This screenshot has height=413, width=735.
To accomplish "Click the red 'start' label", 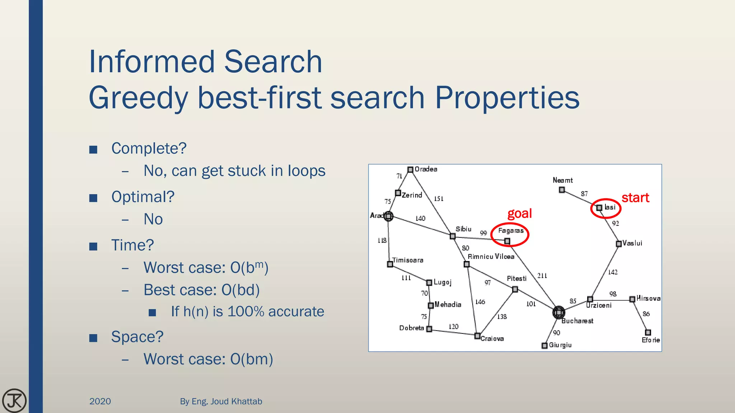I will [635, 198].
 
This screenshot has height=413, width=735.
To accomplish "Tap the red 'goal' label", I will [519, 214].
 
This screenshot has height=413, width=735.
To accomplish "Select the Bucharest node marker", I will [558, 312].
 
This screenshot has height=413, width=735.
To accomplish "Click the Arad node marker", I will [388, 216].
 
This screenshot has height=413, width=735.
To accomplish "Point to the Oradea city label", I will [426, 169].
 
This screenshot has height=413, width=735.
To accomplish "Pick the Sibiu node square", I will [453, 236].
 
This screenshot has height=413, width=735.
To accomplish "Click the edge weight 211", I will [542, 276].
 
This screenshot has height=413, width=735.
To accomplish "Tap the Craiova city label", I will [492, 339].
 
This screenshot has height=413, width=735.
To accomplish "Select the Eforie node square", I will [648, 332].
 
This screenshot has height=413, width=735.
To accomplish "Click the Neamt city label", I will [562, 180].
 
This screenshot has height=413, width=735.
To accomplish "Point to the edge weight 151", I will [439, 199].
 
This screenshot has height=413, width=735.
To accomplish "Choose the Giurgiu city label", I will [560, 345].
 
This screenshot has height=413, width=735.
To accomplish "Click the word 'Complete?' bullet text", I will [149, 148].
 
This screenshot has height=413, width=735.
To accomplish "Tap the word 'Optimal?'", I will [143, 197].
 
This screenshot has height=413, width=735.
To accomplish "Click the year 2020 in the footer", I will [100, 402].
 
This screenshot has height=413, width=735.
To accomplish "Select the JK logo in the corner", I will [14, 400].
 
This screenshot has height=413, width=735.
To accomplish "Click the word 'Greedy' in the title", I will [139, 98].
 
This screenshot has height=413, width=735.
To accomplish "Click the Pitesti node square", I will [515, 289].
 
